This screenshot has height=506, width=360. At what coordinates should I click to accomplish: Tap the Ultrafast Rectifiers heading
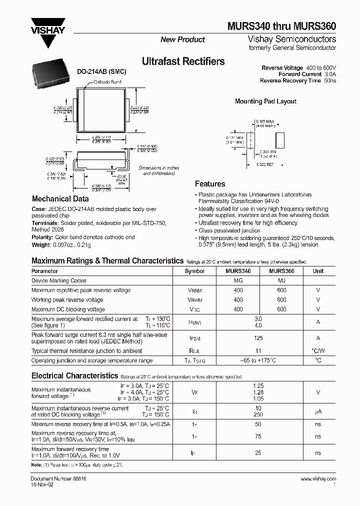(x=183, y=61)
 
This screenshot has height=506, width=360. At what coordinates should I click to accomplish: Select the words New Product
(x=182, y=39)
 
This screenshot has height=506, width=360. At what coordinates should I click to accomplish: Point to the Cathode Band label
(x=109, y=81)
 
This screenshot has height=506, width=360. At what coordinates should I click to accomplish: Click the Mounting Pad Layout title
(x=265, y=101)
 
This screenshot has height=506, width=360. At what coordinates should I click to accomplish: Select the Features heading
(x=210, y=183)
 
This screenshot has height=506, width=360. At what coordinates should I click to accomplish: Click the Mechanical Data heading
(x=60, y=198)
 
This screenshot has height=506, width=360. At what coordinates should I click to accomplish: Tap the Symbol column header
(x=194, y=271)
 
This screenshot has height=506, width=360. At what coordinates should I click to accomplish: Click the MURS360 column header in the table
(x=281, y=271)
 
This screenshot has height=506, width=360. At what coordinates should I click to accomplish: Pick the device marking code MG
(x=238, y=280)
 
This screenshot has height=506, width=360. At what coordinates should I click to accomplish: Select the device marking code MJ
(x=281, y=280)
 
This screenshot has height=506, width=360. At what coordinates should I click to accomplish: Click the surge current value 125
(x=258, y=338)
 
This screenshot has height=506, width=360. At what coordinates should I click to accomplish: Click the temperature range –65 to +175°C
(x=258, y=360)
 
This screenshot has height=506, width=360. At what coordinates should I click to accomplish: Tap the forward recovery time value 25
(x=258, y=453)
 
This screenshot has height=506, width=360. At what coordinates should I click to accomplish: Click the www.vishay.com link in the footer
(x=318, y=479)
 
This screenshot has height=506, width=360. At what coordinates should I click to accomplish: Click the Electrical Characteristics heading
(x=74, y=375)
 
